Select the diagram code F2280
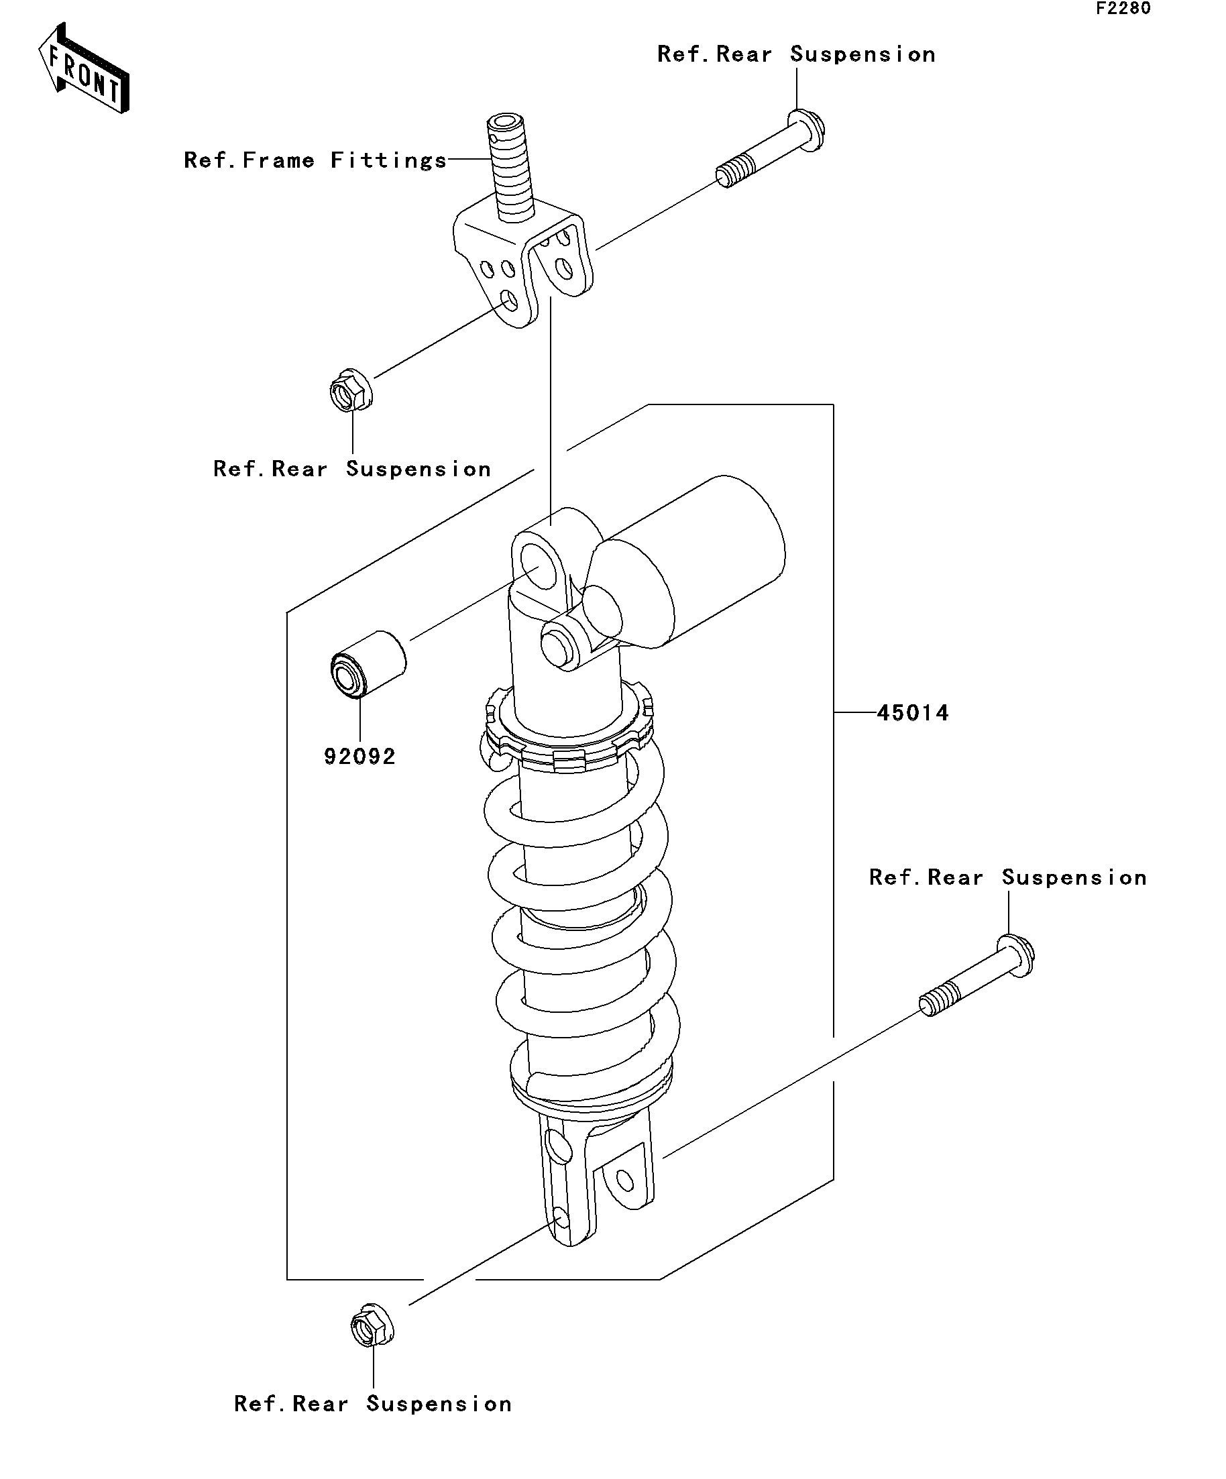coord(1122,9)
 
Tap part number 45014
coord(913,713)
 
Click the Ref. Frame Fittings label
coord(315,160)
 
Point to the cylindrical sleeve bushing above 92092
coord(368,663)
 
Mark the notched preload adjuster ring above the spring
coord(569,732)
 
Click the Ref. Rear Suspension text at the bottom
coord(372,1405)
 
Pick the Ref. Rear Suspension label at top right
coord(795,55)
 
